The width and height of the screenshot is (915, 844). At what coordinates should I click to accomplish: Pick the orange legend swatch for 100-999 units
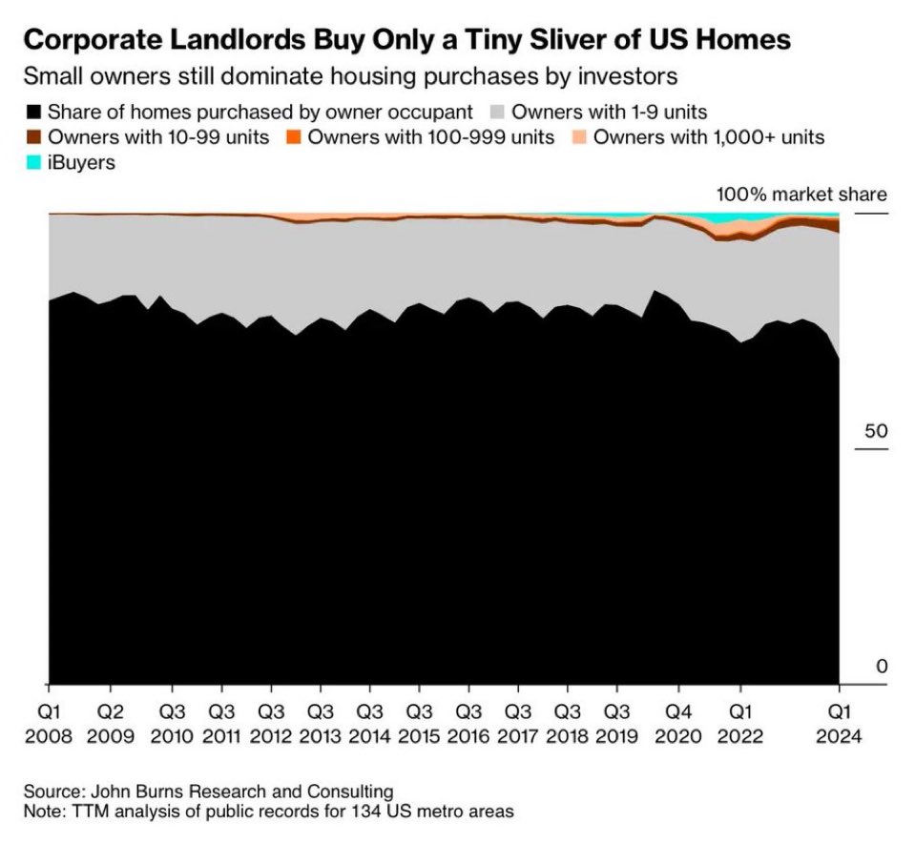click(291, 136)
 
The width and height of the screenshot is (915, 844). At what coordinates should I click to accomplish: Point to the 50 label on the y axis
click(875, 430)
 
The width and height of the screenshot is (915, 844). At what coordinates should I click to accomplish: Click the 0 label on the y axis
click(881, 666)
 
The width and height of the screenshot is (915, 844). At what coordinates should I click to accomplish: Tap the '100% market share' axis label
click(801, 195)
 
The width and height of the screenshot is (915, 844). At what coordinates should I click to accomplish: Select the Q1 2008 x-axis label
click(49, 724)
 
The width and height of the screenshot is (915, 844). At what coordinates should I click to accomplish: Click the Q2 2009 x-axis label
click(111, 724)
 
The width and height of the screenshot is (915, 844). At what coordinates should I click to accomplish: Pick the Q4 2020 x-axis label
click(678, 724)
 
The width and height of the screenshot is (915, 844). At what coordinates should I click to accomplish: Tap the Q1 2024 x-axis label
click(838, 724)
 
